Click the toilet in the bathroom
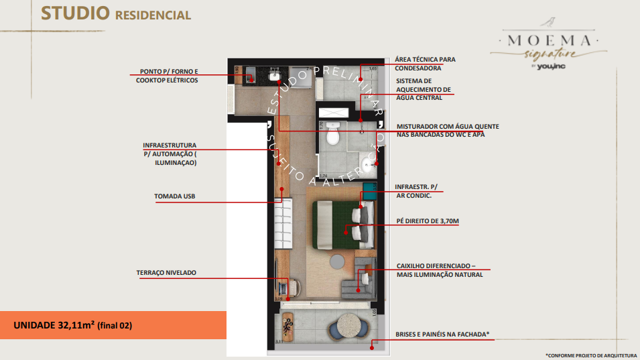tap(332, 138)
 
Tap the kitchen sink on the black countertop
tap(275, 76)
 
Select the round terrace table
tap(348, 328)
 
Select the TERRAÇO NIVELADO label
tap(166, 273)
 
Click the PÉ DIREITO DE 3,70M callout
tap(427, 220)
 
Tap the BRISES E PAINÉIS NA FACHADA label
tap(442, 334)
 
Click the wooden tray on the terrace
tap(288, 326)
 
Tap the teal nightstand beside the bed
tap(368, 191)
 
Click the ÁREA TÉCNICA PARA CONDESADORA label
tap(425, 63)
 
